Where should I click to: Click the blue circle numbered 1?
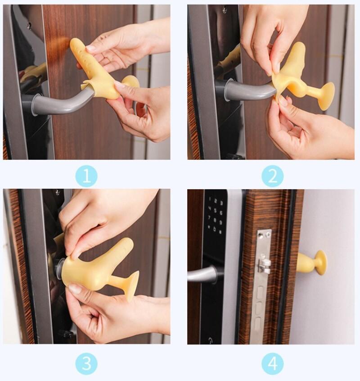point(86,176)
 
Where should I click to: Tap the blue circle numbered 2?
point(273,176)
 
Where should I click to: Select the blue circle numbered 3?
point(86,364)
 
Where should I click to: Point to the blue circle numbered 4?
point(273,364)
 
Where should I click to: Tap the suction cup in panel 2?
point(327,96)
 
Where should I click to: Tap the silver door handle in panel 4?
point(202,273)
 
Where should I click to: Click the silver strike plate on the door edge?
point(263,287)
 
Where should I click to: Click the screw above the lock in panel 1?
point(29,24)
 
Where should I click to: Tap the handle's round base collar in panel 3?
point(60,266)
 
